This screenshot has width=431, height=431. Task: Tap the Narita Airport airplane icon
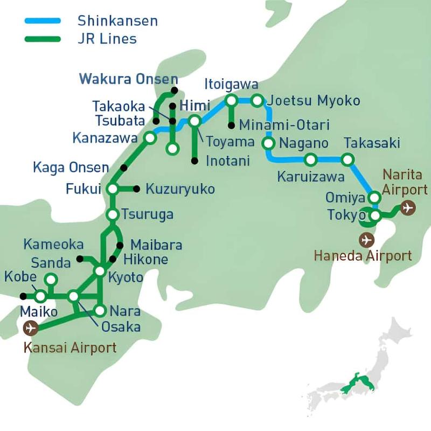(x=408, y=207)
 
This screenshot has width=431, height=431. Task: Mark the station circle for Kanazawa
(x=150, y=138)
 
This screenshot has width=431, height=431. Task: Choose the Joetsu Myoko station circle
(x=257, y=100)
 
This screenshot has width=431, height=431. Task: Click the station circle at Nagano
(x=268, y=143)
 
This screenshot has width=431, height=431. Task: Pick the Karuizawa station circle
(x=311, y=159)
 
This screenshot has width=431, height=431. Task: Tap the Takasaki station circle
(x=348, y=159)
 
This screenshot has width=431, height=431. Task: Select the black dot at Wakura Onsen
(x=173, y=90)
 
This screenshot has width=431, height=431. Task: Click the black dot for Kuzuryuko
(x=136, y=189)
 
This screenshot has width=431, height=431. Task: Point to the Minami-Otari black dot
(x=231, y=126)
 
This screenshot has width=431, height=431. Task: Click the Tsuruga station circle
(x=113, y=214)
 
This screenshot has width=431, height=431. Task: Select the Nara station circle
(x=100, y=310)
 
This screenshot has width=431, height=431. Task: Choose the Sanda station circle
(x=51, y=279)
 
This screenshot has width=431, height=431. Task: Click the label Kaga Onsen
(x=71, y=168)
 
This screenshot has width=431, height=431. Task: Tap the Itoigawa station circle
(x=231, y=100)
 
